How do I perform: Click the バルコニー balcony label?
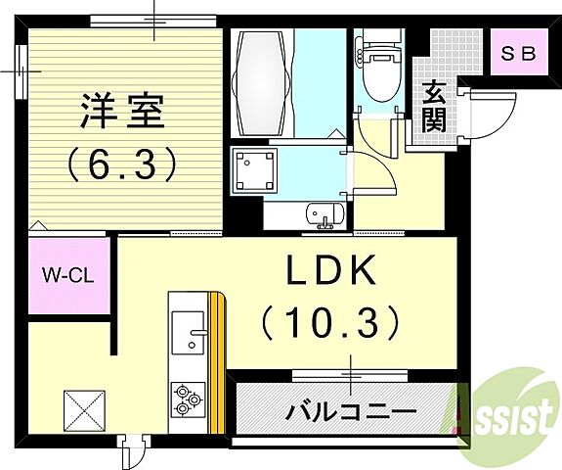(350, 411)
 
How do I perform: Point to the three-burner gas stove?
(188, 399)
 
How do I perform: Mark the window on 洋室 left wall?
(21, 70)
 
